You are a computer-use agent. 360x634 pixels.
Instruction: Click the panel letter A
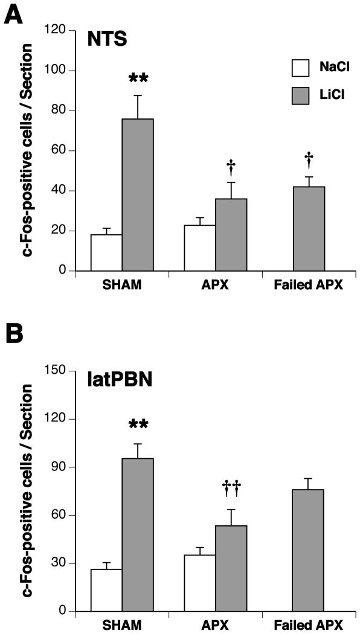point(14,13)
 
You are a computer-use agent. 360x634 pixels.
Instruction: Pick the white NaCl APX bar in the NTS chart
point(200,248)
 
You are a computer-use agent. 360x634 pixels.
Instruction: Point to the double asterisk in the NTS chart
point(138,79)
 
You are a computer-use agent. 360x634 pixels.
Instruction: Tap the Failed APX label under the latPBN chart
point(308,624)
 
